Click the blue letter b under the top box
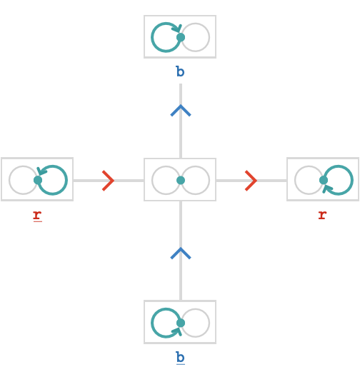[181, 71]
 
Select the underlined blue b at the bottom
[181, 358]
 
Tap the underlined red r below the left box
[38, 216]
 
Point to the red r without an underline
[322, 215]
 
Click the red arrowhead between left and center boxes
[109, 181]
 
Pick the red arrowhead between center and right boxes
[251, 181]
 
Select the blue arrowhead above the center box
[181, 111]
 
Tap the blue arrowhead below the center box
[181, 253]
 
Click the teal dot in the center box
[181, 181]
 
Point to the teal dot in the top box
[181, 37]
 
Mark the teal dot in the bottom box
[181, 323]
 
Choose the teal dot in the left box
[38, 180]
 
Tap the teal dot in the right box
[324, 180]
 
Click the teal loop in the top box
[152, 37]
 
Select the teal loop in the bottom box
[152, 323]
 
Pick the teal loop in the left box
[66, 180]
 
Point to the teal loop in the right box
[352, 180]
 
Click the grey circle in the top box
[209, 37]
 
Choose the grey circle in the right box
[295, 180]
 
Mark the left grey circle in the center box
[152, 181]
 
